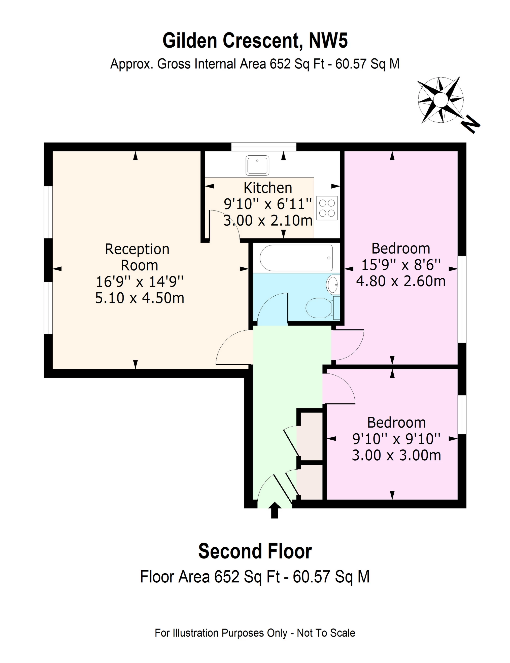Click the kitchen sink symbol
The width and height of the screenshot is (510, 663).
tap(257, 165)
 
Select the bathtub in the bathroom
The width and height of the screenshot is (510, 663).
tap(296, 258)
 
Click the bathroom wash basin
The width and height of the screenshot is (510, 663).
tap(333, 284)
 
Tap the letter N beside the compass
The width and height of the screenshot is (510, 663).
tap(470, 124)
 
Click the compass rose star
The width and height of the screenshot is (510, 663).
tap(440, 100)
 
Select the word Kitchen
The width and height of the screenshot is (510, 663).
tap(268, 188)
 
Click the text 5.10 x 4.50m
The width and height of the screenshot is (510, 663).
tap(140, 298)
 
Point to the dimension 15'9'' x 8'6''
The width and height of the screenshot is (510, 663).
tap(401, 265)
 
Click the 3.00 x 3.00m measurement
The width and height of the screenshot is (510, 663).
tap(396, 455)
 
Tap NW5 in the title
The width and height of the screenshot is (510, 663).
tap(328, 40)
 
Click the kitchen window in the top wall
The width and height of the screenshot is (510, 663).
tap(263, 147)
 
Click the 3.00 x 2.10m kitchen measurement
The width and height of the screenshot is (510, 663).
tap(268, 221)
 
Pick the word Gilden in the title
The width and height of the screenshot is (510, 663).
tap(190, 40)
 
